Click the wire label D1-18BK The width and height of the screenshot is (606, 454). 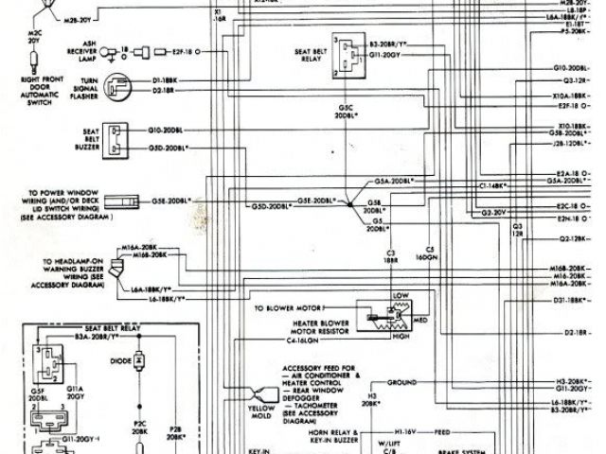pyautogui.click(x=166, y=81)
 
